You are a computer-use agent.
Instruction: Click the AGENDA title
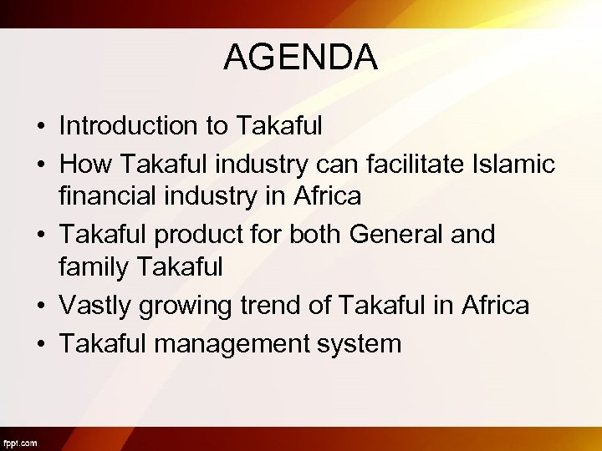(301, 58)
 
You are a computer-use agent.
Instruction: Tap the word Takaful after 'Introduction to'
(279, 125)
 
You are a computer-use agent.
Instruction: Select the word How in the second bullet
(82, 165)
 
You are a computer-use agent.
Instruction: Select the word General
(394, 235)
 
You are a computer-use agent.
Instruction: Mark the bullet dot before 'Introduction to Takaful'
(39, 127)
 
